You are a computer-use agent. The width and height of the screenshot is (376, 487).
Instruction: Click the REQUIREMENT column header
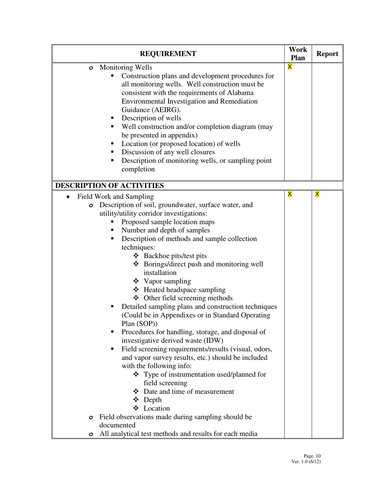[168, 54]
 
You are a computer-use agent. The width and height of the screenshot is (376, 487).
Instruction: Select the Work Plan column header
[298, 54]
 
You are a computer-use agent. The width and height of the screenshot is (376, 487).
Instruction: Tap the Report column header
[327, 54]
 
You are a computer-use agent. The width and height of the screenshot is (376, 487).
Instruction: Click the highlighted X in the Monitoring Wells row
[290, 67]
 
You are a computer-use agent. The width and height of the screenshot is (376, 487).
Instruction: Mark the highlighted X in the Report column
[317, 194]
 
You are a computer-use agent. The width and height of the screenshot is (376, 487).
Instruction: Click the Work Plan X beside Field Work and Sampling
[290, 194]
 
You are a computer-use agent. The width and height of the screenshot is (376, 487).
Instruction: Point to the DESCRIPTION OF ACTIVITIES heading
[109, 186]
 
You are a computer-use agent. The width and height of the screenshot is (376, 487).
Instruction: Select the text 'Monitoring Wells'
[125, 67]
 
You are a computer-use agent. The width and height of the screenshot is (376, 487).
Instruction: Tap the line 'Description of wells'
[151, 118]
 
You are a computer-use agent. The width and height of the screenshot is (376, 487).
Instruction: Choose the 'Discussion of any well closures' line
[168, 152]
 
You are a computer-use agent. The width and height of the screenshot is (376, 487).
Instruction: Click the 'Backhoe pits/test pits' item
[175, 256]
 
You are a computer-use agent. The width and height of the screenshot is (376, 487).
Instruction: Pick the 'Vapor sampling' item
[167, 281]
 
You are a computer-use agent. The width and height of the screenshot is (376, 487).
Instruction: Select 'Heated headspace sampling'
[184, 290]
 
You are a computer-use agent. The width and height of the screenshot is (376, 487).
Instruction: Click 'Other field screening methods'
[188, 298]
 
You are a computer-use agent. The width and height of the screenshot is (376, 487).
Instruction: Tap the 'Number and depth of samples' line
[165, 230]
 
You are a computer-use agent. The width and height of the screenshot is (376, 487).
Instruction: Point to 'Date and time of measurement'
[189, 392]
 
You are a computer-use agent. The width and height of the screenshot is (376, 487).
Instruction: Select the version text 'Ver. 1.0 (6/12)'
[306, 461]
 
